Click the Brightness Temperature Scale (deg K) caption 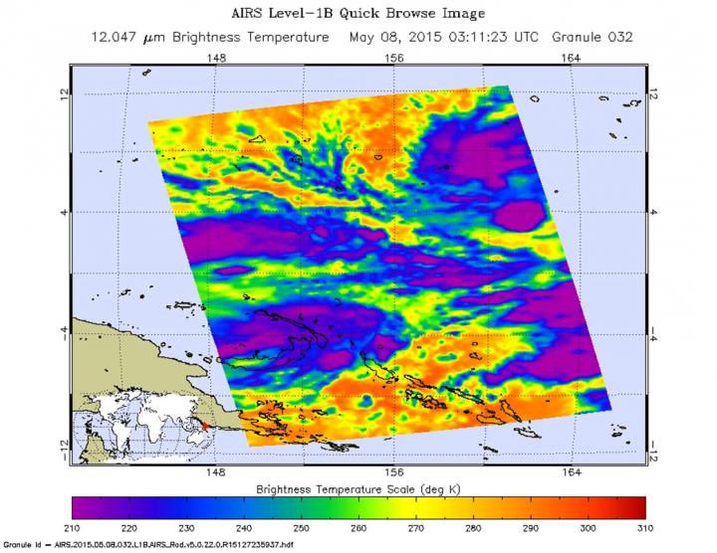[x=359, y=487]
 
